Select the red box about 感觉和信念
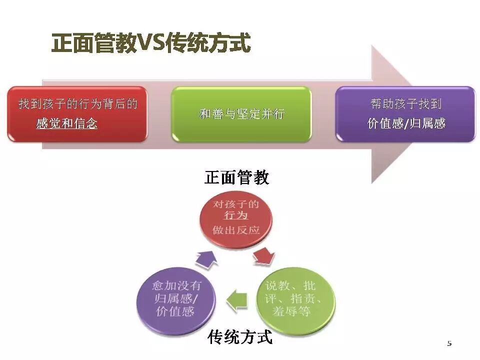tap(77, 114)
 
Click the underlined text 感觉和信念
tap(67, 123)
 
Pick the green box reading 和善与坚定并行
tap(241, 114)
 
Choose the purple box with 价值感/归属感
tap(405, 114)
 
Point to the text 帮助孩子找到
tap(405, 104)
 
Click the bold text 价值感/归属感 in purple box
tap(405, 123)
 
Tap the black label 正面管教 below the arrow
tap(236, 178)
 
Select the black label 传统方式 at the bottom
tap(240, 337)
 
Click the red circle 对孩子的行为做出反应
tap(236, 218)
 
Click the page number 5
tap(449, 343)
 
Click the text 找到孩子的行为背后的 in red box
tap(77, 104)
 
